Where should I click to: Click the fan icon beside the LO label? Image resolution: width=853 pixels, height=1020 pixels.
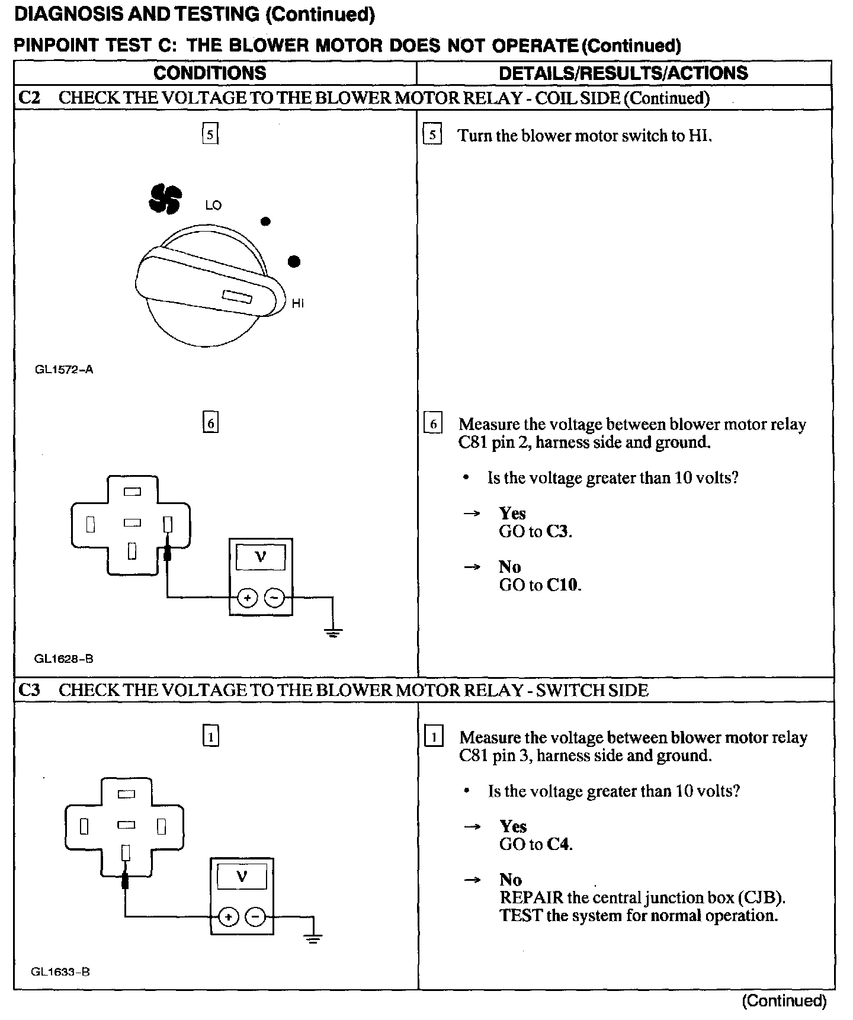pyautogui.click(x=164, y=198)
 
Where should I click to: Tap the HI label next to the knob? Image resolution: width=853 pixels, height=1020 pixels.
pyautogui.click(x=297, y=303)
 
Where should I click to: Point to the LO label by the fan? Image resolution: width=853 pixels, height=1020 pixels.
pyautogui.click(x=213, y=206)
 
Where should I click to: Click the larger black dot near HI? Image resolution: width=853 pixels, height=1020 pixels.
pyautogui.click(x=294, y=261)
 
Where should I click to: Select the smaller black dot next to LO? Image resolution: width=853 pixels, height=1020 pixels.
pyautogui.click(x=266, y=222)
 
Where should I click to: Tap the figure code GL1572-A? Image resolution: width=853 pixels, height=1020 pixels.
pyautogui.click(x=64, y=370)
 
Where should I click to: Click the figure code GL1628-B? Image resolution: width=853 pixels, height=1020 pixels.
pyautogui.click(x=64, y=658)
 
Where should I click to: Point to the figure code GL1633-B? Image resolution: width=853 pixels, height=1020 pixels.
pyautogui.click(x=60, y=972)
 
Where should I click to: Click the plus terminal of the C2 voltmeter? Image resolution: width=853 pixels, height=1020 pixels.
pyautogui.click(x=247, y=598)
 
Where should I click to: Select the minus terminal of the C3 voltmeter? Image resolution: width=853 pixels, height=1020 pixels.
pyautogui.click(x=255, y=918)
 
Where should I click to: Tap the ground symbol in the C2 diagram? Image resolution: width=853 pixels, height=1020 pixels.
pyautogui.click(x=333, y=633)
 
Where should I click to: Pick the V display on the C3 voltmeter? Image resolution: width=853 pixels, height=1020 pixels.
pyautogui.click(x=242, y=877)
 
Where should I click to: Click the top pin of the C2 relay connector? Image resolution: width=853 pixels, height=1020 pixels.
pyautogui.click(x=133, y=491)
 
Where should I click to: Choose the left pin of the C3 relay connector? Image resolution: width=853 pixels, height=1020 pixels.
pyautogui.click(x=84, y=826)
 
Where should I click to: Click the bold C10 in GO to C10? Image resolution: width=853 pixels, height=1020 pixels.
pyautogui.click(x=563, y=585)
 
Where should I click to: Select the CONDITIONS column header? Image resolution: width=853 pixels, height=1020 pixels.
pyautogui.click(x=210, y=73)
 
